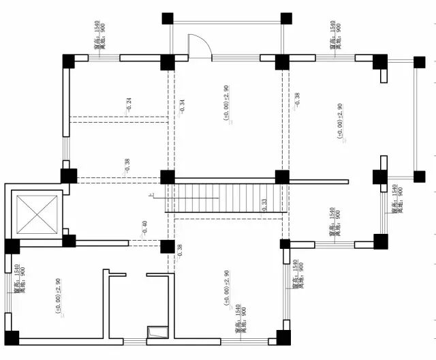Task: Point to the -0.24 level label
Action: pyautogui.click(x=128, y=104)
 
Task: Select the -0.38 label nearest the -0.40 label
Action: pyautogui.click(x=179, y=251)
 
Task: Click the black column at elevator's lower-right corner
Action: pyautogui.click(x=69, y=241)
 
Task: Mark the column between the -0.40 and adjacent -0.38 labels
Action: pyautogui.click(x=167, y=246)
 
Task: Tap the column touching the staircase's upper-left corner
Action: pyautogui.click(x=167, y=177)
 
